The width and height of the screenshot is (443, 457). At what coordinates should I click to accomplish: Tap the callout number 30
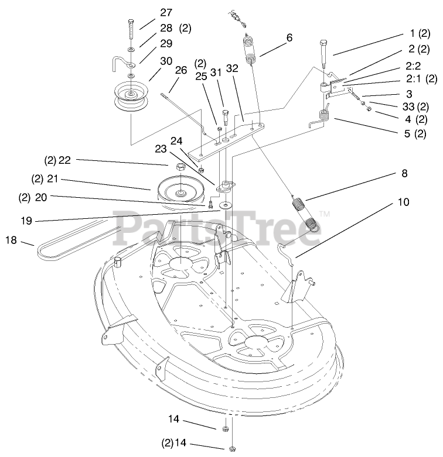(166, 60)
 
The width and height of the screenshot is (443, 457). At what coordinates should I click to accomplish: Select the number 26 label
(181, 70)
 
